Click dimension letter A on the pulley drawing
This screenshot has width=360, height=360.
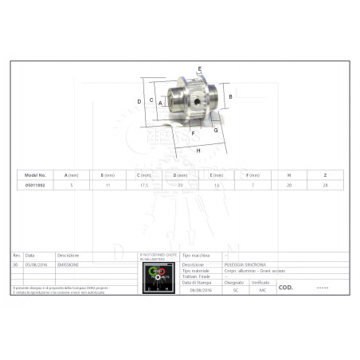click(x=160, y=103)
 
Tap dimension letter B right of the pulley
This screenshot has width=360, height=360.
click(x=230, y=96)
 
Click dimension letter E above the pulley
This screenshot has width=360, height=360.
click(x=199, y=69)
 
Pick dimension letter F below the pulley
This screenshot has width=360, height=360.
click(x=193, y=133)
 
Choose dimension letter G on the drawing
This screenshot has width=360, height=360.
click(x=215, y=129)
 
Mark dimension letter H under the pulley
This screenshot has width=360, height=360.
click(x=198, y=150)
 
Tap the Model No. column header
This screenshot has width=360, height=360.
click(x=36, y=175)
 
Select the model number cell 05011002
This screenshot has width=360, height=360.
click(x=36, y=185)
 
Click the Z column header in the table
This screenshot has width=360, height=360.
click(x=324, y=175)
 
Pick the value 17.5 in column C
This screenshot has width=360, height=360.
click(x=144, y=185)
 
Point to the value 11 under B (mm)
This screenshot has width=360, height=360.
click(x=108, y=185)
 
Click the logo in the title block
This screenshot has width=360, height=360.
click(x=158, y=278)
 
